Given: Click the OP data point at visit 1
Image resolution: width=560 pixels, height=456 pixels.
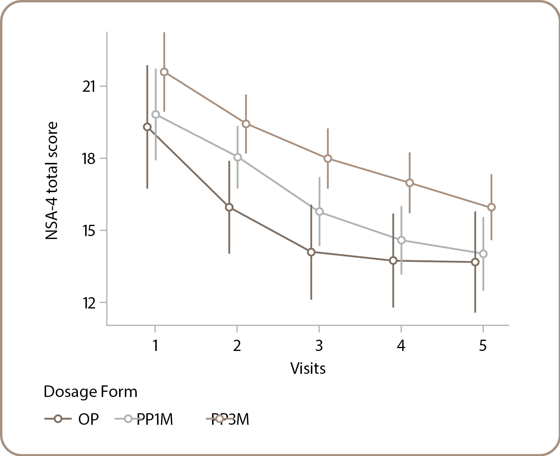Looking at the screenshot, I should (147, 127).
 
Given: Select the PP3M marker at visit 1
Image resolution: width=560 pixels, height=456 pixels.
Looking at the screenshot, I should (164, 72).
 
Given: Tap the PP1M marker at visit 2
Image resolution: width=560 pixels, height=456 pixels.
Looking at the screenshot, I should (238, 157).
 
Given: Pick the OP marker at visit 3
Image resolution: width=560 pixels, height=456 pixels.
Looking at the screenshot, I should (311, 252).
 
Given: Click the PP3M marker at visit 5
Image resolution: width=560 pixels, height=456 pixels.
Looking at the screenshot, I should (491, 207).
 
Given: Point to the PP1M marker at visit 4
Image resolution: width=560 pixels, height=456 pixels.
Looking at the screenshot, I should (402, 240).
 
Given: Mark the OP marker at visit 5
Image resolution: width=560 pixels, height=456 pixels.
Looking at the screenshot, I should (475, 262).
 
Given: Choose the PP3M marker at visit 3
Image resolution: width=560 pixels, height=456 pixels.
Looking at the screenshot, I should (328, 159).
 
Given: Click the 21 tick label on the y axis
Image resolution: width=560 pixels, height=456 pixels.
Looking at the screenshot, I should (89, 87).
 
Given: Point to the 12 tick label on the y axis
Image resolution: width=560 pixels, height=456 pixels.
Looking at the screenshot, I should (89, 303).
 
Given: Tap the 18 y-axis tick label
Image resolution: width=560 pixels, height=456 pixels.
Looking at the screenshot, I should (89, 159).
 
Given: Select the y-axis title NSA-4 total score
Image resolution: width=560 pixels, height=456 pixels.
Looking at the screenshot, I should (52, 181).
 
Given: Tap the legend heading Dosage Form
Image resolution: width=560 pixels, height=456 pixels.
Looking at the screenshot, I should (90, 392).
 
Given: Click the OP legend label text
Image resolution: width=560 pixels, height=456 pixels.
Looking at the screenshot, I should (88, 419).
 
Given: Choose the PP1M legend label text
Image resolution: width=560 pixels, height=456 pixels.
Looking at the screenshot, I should (155, 419).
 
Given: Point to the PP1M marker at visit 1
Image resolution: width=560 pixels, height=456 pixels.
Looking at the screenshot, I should (156, 115).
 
